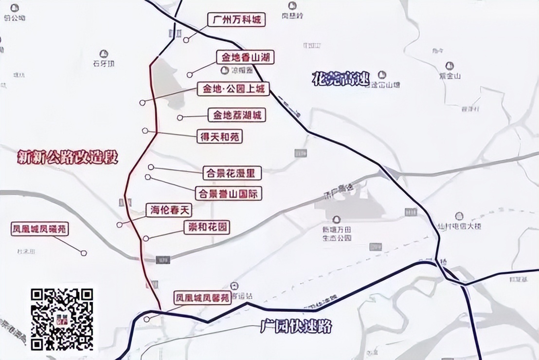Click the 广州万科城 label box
(x=237, y=20)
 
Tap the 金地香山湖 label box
(x=245, y=57)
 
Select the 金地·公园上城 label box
(x=233, y=89)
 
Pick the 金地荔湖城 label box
(x=237, y=115)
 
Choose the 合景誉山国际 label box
(x=228, y=193)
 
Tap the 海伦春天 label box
(x=169, y=210)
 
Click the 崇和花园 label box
(x=206, y=227)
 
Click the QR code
(x=62, y=319)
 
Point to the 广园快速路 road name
(x=296, y=326)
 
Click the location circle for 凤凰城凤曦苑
(x=84, y=253)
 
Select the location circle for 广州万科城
(x=186, y=40)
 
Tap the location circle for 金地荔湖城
(x=180, y=117)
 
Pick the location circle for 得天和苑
(x=145, y=130)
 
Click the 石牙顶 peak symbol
(x=103, y=54)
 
